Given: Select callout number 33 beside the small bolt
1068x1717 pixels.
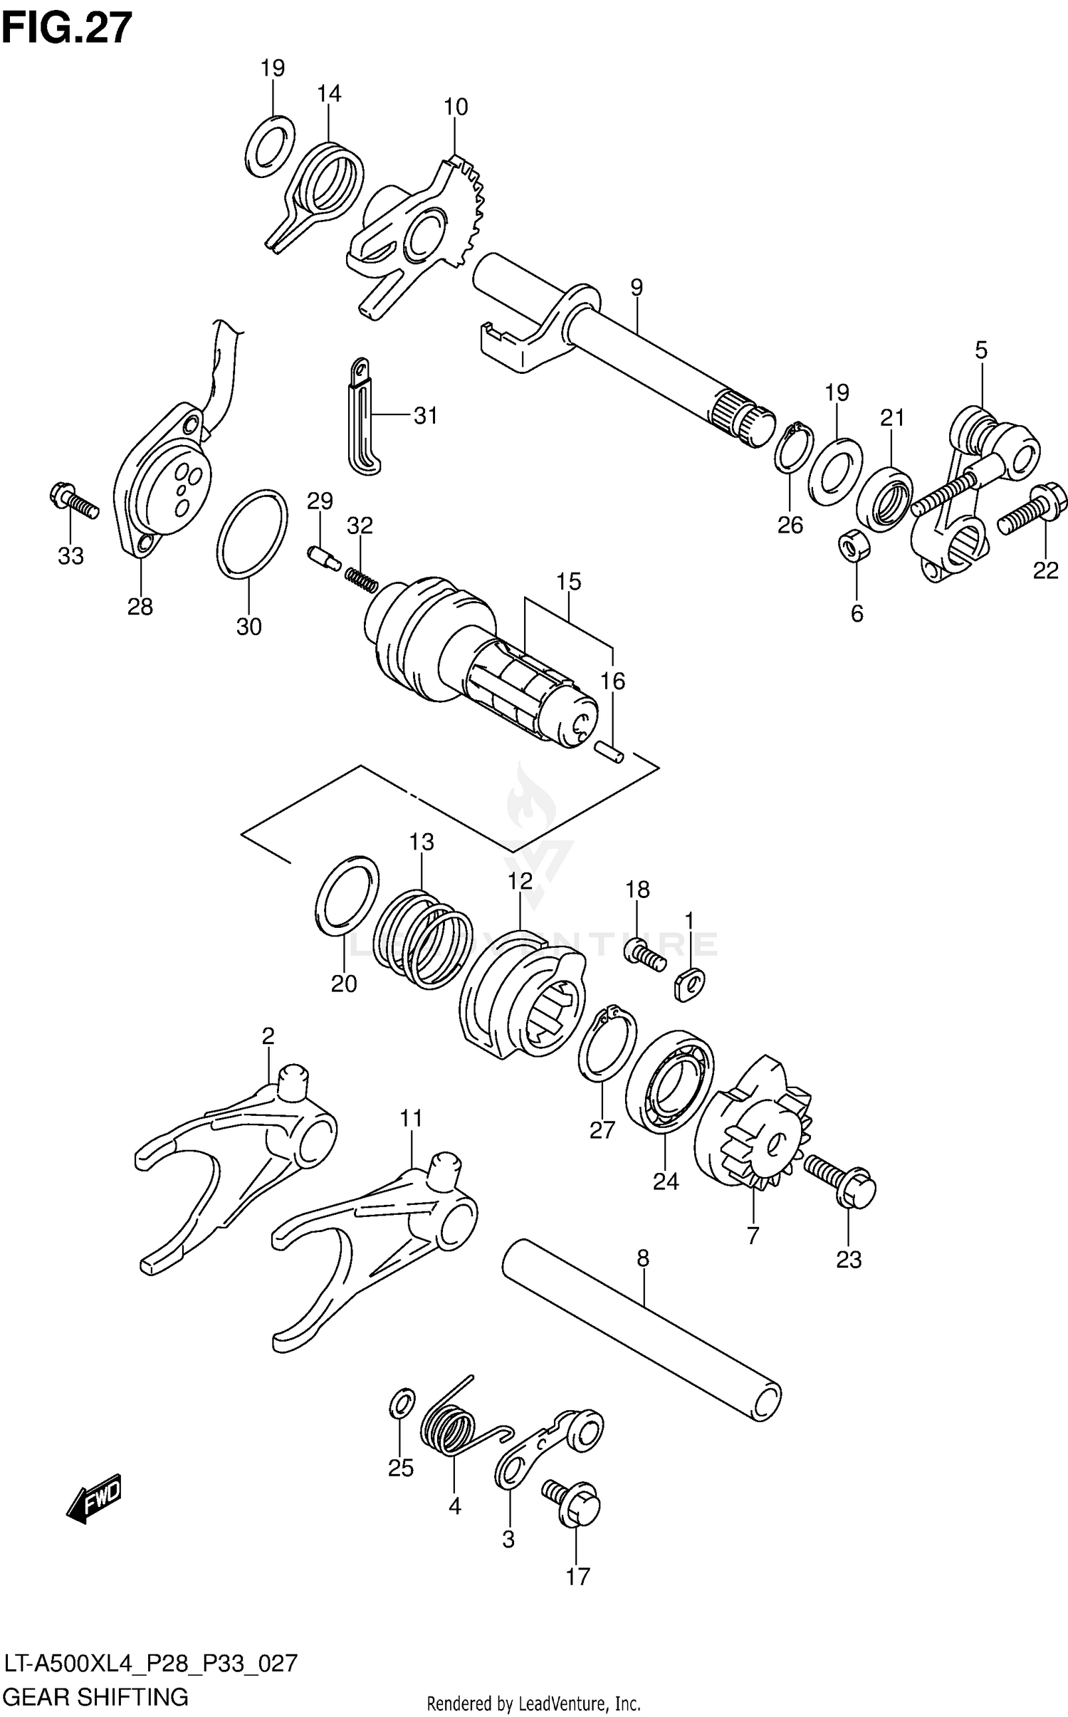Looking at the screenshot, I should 70,555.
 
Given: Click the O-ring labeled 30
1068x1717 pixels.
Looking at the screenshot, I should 251,533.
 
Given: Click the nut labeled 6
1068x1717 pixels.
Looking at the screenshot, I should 853,547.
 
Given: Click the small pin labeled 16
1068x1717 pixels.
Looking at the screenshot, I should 609,751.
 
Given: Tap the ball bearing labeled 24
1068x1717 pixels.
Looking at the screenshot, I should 670,1082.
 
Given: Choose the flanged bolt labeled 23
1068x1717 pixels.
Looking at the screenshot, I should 840,1184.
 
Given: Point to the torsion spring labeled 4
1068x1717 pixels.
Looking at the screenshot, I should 452,1426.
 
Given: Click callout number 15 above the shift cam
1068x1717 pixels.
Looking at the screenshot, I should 569,581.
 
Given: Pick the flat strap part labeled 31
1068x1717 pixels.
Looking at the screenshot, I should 365,419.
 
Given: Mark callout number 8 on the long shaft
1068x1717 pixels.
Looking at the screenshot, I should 642,1258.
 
